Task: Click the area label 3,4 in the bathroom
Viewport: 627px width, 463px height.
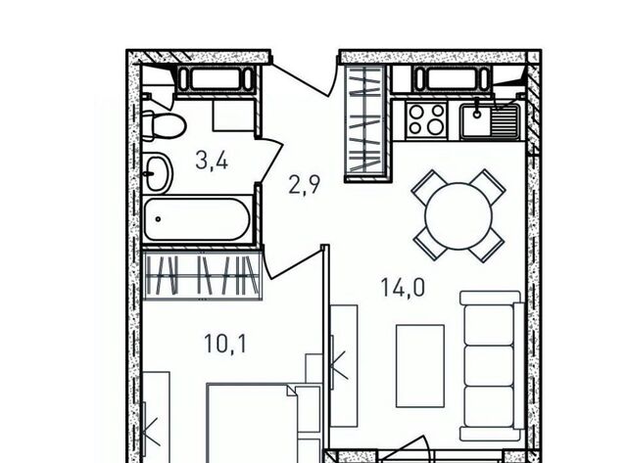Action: [x=212, y=161]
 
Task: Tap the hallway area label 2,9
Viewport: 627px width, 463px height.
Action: [x=305, y=185]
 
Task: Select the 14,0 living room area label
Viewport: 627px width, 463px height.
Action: [x=403, y=288]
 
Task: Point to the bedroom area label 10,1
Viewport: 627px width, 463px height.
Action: [x=225, y=344]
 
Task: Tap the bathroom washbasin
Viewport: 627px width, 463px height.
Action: [x=158, y=174]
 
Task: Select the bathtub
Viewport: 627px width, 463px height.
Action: [x=198, y=219]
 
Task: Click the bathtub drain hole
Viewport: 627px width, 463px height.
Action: [x=159, y=219]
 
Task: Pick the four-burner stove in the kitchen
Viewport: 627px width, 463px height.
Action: [x=427, y=119]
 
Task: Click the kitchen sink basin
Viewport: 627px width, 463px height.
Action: [x=477, y=119]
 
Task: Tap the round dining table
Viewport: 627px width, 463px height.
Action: [x=458, y=216]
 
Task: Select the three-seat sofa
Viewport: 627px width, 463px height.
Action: [x=492, y=366]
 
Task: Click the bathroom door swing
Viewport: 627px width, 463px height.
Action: [x=270, y=161]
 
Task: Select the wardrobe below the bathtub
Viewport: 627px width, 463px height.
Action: [x=203, y=275]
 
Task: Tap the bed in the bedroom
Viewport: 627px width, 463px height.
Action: [x=251, y=423]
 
